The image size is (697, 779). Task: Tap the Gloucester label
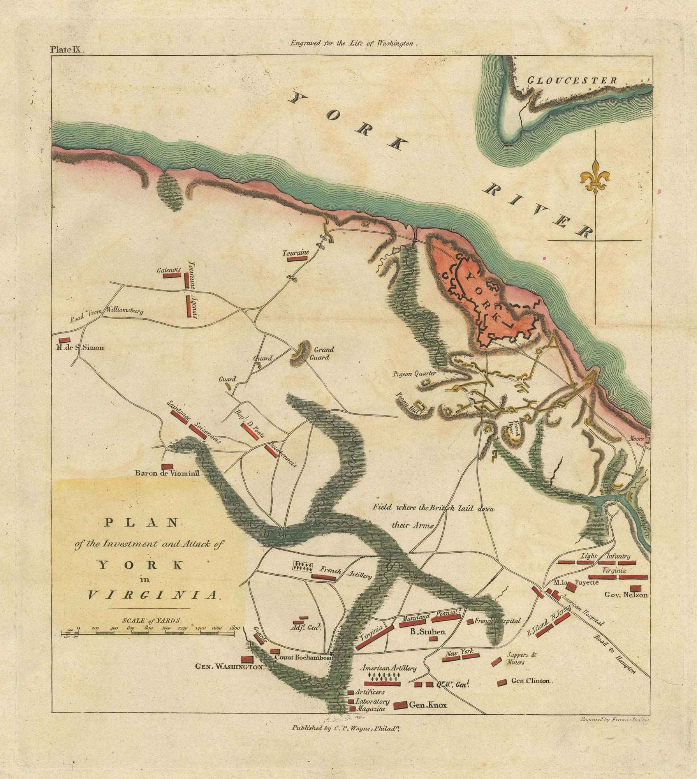tap(572, 81)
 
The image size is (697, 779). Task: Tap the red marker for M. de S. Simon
tap(63, 340)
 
